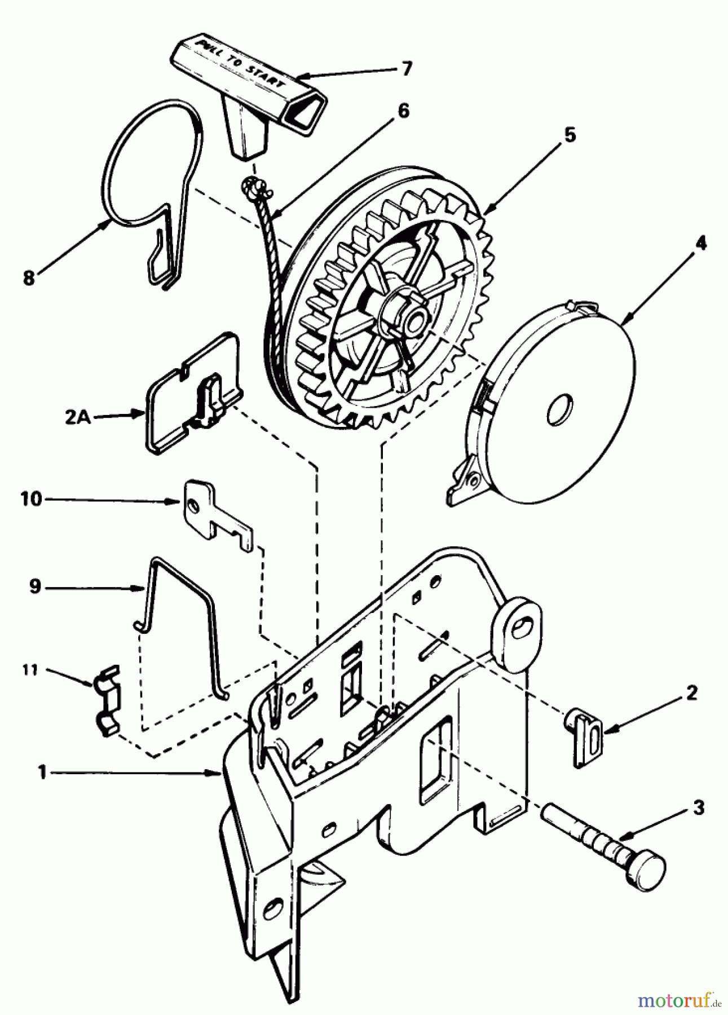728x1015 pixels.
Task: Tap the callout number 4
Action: pos(700,244)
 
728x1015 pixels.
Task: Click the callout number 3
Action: pos(698,808)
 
